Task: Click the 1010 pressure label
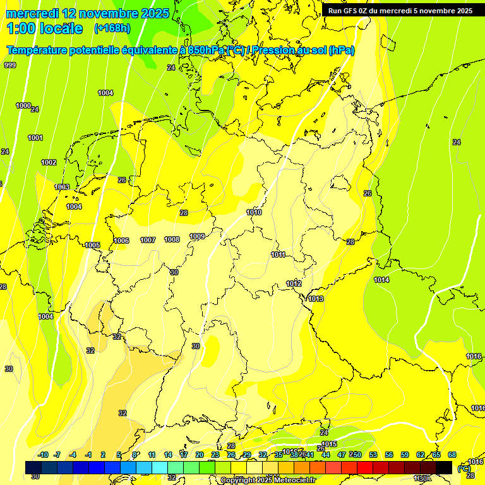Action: [x=254, y=213]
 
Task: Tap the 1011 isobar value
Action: [x=278, y=255]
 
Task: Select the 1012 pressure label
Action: [x=294, y=284]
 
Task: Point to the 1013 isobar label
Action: [x=316, y=299]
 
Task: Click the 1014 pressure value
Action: [x=381, y=280]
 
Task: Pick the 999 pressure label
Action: [x=10, y=65]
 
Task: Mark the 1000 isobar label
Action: [x=23, y=105]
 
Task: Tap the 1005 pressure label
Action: [x=92, y=245]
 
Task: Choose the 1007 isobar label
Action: [x=148, y=240]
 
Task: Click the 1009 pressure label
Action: [x=197, y=236]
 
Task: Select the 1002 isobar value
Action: [x=49, y=162]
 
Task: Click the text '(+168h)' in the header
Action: [x=112, y=28]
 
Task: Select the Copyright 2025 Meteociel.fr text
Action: [x=268, y=481]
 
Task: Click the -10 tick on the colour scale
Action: [x=44, y=455]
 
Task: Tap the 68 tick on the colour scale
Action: [x=452, y=455]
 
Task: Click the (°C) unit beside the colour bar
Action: [x=464, y=468]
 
